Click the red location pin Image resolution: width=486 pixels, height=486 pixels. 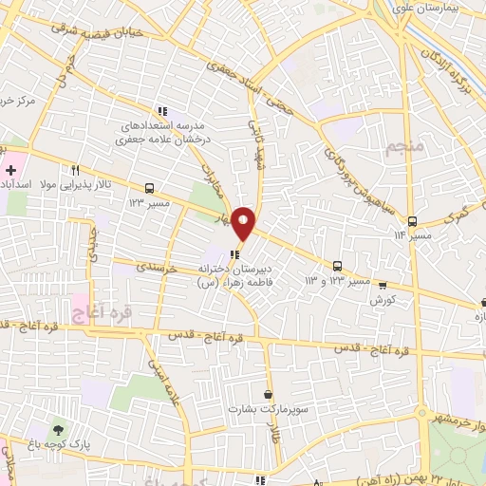click(244, 222)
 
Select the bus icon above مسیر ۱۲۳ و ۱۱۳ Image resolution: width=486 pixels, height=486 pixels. click(337, 267)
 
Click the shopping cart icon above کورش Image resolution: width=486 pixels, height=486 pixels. click(383, 284)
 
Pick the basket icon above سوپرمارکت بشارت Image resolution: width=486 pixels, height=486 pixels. click(269, 394)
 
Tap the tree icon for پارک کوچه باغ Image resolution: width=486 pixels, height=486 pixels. click(61, 431)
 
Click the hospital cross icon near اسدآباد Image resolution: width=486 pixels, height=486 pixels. click(10, 170)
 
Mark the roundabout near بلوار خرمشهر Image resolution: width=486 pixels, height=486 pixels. click(421, 414)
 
